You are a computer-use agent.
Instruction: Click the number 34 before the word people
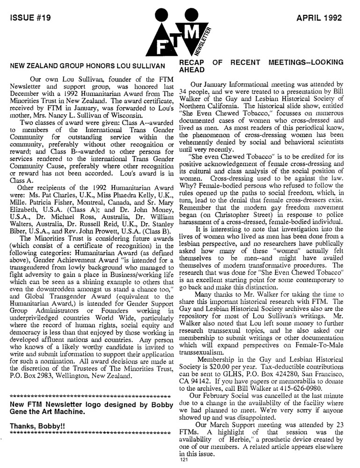pyautogui.click(x=184, y=92)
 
